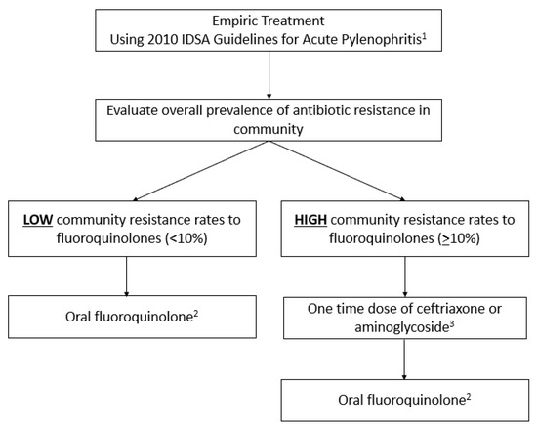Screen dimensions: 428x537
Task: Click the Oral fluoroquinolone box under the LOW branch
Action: point(129,320)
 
